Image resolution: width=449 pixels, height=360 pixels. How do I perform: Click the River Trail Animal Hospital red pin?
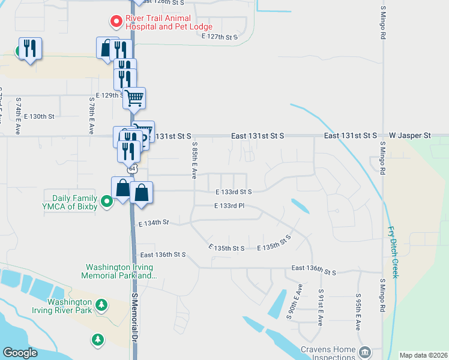point(116,22)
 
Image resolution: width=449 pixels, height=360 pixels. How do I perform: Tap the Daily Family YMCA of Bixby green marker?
point(106,201)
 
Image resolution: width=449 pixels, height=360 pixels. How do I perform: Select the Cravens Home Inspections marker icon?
point(364,351)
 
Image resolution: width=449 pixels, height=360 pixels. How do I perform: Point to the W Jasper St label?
point(410,136)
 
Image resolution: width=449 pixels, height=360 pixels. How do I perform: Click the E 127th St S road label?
point(220,37)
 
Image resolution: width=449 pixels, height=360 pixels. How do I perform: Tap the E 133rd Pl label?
point(229,206)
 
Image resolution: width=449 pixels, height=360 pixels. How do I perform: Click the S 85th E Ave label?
point(194,160)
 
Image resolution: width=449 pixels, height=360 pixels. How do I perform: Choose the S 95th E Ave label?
point(358,312)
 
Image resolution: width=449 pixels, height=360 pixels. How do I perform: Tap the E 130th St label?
point(41,116)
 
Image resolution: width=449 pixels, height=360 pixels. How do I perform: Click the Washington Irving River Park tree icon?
point(101,305)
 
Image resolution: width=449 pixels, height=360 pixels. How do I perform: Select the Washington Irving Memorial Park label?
point(119,271)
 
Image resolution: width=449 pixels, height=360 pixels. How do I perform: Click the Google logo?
point(20,353)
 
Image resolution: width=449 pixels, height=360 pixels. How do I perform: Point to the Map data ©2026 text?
point(423,355)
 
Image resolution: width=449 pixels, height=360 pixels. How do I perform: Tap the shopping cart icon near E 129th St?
point(134,97)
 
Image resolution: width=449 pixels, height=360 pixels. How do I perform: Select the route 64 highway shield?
point(133,169)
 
